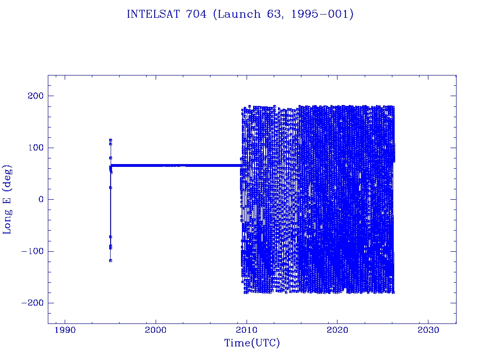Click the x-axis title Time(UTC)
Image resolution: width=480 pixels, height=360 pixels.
[252, 343]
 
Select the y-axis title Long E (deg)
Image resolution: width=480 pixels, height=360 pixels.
[7, 199]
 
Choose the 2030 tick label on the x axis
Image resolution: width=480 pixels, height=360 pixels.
[428, 330]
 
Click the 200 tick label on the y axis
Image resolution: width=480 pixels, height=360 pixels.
[34, 96]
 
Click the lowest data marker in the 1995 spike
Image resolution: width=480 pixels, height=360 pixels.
[111, 261]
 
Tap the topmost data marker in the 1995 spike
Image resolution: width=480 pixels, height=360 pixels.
[111, 140]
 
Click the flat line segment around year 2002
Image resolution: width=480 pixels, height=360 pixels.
[174, 165]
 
